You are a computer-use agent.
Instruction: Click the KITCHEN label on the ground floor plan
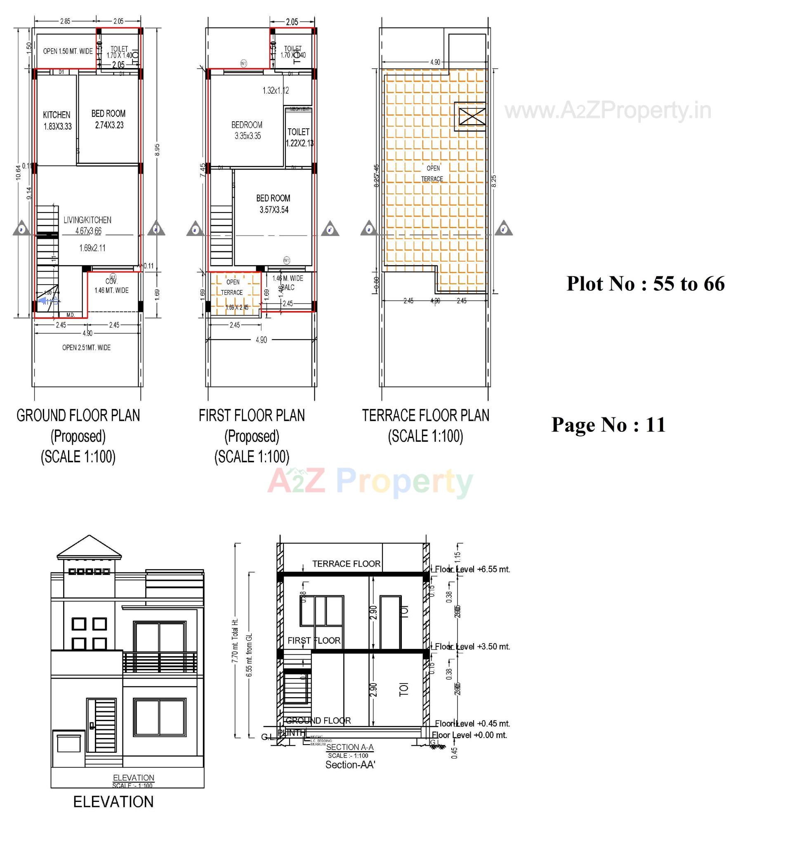[57, 115]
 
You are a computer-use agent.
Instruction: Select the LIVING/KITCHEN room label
[87, 220]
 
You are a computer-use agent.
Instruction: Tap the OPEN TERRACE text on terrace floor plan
[432, 173]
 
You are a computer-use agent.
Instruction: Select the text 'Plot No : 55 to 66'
[645, 284]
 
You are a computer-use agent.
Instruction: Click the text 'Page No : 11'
[608, 424]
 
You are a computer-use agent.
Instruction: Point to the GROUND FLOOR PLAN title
[78, 416]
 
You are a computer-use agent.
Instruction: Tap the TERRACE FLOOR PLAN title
[425, 416]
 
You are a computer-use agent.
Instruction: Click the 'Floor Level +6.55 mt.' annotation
[472, 569]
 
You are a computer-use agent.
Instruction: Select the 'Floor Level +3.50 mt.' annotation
[472, 646]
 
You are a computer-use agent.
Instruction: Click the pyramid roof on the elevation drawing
[89, 547]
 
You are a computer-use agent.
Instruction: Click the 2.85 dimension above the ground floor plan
[65, 21]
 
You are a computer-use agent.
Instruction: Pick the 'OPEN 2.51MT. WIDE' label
[87, 348]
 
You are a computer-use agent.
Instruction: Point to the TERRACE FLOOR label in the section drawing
[346, 564]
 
